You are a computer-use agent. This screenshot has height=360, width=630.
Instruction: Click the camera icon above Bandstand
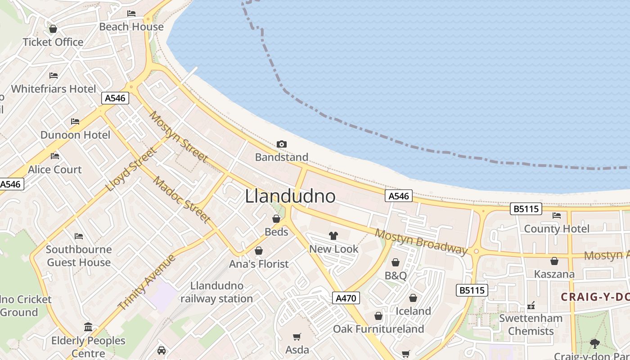click(x=282, y=144)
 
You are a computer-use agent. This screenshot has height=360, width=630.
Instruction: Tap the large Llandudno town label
click(x=290, y=197)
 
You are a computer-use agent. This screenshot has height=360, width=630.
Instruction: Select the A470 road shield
click(x=346, y=297)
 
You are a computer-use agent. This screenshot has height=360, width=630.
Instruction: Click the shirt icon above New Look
click(x=333, y=235)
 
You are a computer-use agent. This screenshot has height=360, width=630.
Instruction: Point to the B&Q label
click(x=396, y=275)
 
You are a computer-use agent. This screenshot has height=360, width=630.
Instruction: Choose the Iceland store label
click(x=413, y=311)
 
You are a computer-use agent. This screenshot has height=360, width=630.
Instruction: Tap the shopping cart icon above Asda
click(x=297, y=337)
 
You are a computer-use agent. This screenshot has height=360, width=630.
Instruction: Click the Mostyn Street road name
click(x=179, y=136)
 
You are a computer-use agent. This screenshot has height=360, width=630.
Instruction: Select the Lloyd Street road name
click(x=131, y=169)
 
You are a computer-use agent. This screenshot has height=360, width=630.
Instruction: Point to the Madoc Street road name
click(x=182, y=199)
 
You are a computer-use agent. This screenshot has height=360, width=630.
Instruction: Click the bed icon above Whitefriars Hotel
click(x=54, y=76)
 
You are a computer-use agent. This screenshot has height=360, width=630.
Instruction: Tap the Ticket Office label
click(x=53, y=42)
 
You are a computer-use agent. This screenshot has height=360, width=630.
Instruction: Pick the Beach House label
click(x=131, y=27)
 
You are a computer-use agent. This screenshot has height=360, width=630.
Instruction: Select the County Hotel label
click(x=557, y=229)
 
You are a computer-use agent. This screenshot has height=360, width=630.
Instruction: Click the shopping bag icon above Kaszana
click(x=554, y=261)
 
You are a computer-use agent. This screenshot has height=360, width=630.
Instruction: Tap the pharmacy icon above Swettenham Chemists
click(x=531, y=306)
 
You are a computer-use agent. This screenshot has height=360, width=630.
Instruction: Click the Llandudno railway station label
click(x=216, y=292)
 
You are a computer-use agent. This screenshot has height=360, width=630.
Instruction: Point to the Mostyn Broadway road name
click(x=421, y=242)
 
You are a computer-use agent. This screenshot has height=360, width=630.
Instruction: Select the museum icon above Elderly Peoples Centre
click(x=88, y=327)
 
